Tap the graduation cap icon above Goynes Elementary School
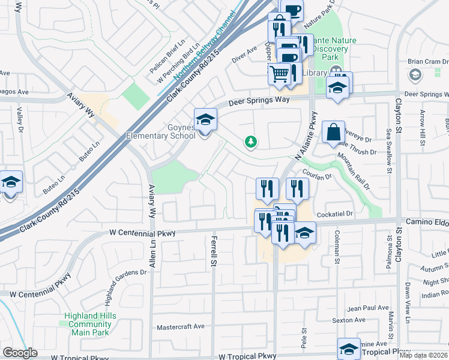pos(205,118)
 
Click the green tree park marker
pos(250,142)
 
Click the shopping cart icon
pos(279,74)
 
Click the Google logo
pos(20,353)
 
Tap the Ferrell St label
pos(213,251)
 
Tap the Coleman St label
pos(337,247)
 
